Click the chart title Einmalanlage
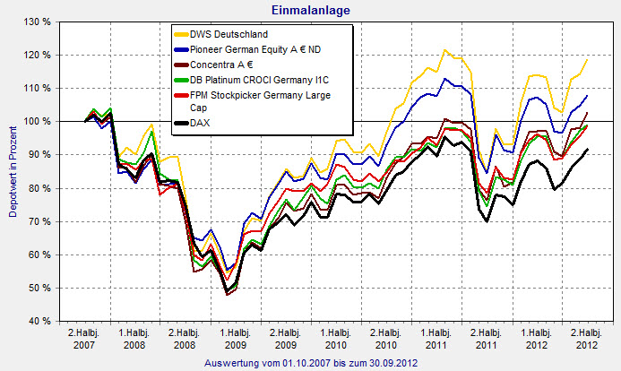310,9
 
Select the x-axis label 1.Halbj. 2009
235,339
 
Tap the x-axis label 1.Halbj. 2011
437,339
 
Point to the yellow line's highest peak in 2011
444,49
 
